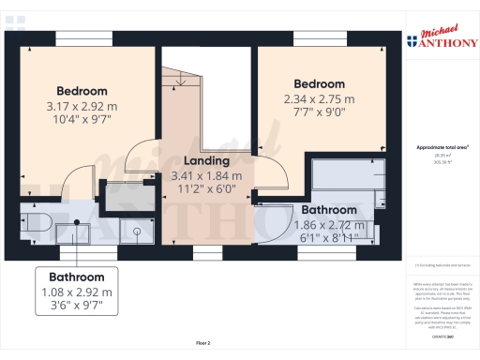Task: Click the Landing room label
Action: [206, 161]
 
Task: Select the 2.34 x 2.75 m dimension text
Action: [320, 98]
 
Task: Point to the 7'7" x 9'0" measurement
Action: [320, 113]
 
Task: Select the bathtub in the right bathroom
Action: [351, 177]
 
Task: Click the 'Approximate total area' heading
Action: [442, 148]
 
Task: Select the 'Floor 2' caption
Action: [203, 343]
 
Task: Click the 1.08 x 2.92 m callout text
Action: [77, 292]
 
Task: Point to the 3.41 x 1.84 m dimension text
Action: [206, 175]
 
